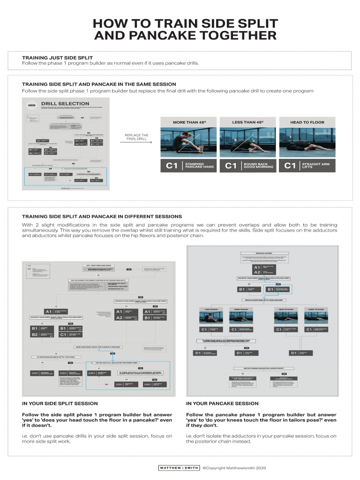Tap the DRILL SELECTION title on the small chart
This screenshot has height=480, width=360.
click(x=65, y=104)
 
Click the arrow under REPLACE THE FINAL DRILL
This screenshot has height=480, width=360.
click(x=136, y=142)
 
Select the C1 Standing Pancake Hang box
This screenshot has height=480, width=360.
click(x=187, y=166)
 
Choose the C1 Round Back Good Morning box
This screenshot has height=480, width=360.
click(x=247, y=166)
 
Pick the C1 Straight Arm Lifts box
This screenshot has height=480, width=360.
click(x=307, y=166)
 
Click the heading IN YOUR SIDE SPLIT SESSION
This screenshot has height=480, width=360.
click(x=60, y=403)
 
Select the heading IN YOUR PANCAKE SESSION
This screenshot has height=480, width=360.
click(x=222, y=403)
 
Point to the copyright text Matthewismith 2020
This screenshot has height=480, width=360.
click(x=234, y=468)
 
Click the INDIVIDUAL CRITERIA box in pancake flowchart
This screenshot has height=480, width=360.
click(x=263, y=253)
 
